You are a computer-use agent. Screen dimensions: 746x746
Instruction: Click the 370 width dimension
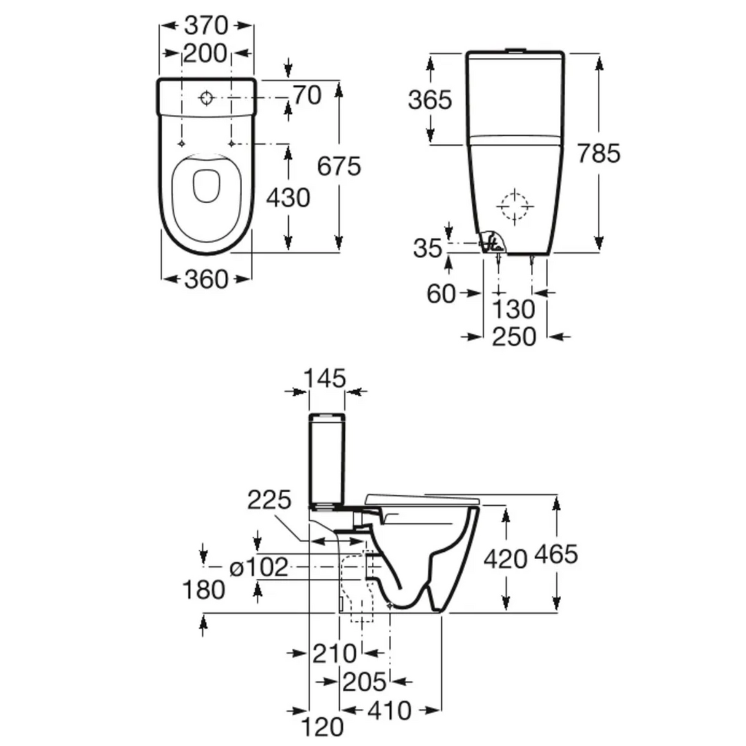(x=206, y=26)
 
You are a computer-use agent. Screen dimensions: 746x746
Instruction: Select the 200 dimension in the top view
(x=205, y=54)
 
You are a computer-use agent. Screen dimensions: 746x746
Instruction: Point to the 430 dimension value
(x=288, y=198)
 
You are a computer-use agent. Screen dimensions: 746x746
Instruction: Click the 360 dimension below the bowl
(x=206, y=280)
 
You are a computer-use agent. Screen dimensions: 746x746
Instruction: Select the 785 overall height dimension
(x=599, y=153)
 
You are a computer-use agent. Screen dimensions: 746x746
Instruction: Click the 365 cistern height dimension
(x=430, y=100)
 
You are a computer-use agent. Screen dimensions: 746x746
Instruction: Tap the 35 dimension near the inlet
(x=427, y=249)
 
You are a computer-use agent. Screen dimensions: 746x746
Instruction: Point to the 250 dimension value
(x=514, y=337)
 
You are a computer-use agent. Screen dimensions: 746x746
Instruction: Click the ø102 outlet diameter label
(x=259, y=567)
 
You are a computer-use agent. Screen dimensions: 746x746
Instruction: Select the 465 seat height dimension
(x=556, y=554)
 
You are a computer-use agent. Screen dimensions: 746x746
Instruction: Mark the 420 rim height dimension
(x=505, y=559)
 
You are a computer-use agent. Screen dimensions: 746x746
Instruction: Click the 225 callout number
(x=269, y=501)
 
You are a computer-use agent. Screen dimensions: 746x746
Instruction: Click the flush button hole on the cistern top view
(x=206, y=98)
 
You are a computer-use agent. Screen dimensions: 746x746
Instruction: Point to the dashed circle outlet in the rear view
(x=514, y=206)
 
